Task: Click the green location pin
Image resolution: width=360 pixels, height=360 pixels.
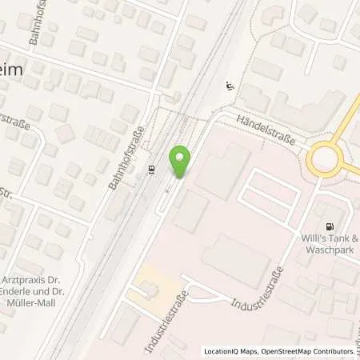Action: (x=182, y=162)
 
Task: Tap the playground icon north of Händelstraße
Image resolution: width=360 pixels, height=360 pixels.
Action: (x=231, y=86)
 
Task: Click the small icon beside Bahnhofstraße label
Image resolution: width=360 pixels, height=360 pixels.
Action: (x=152, y=170)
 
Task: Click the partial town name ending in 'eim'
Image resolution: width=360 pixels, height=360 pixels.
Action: (x=18, y=70)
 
